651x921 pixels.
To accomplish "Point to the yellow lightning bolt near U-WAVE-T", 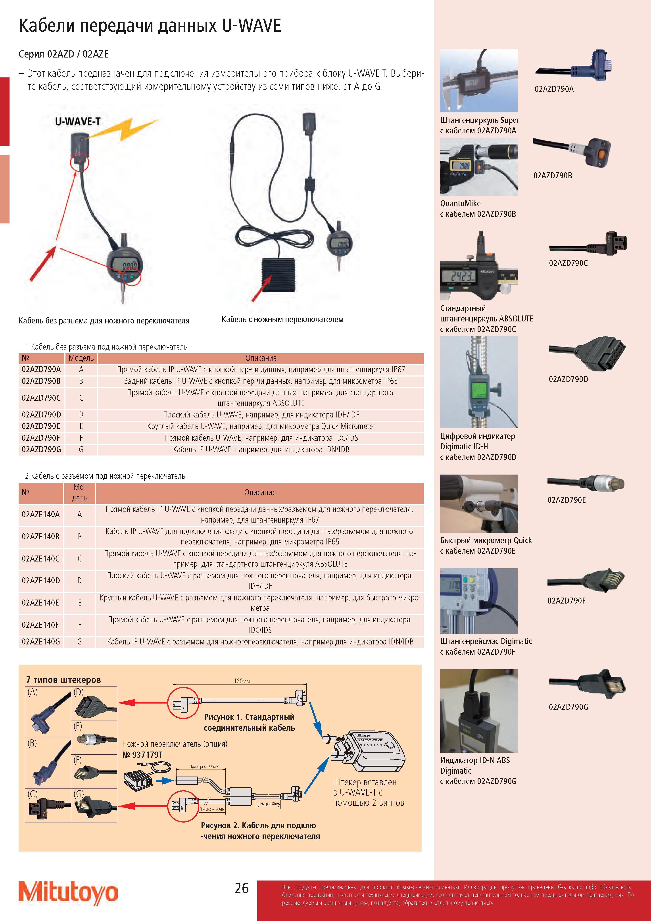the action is point(124,129).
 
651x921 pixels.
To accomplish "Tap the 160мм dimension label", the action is point(242,681).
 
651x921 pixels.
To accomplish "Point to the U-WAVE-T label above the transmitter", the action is point(78,121).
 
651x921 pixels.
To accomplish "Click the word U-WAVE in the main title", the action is point(252,26).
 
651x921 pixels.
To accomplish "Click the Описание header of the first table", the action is point(261,358).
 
